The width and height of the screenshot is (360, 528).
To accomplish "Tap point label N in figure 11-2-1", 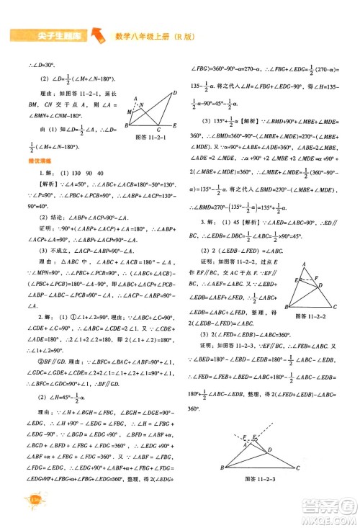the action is (141, 104).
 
